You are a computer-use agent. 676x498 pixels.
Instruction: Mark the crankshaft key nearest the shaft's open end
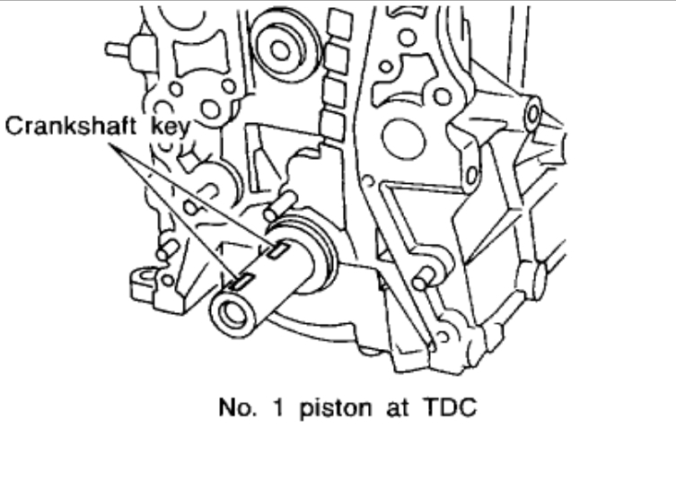[243, 282]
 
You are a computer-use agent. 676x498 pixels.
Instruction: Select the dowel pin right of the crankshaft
[424, 275]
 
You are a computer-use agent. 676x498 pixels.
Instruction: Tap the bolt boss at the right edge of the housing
[531, 114]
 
